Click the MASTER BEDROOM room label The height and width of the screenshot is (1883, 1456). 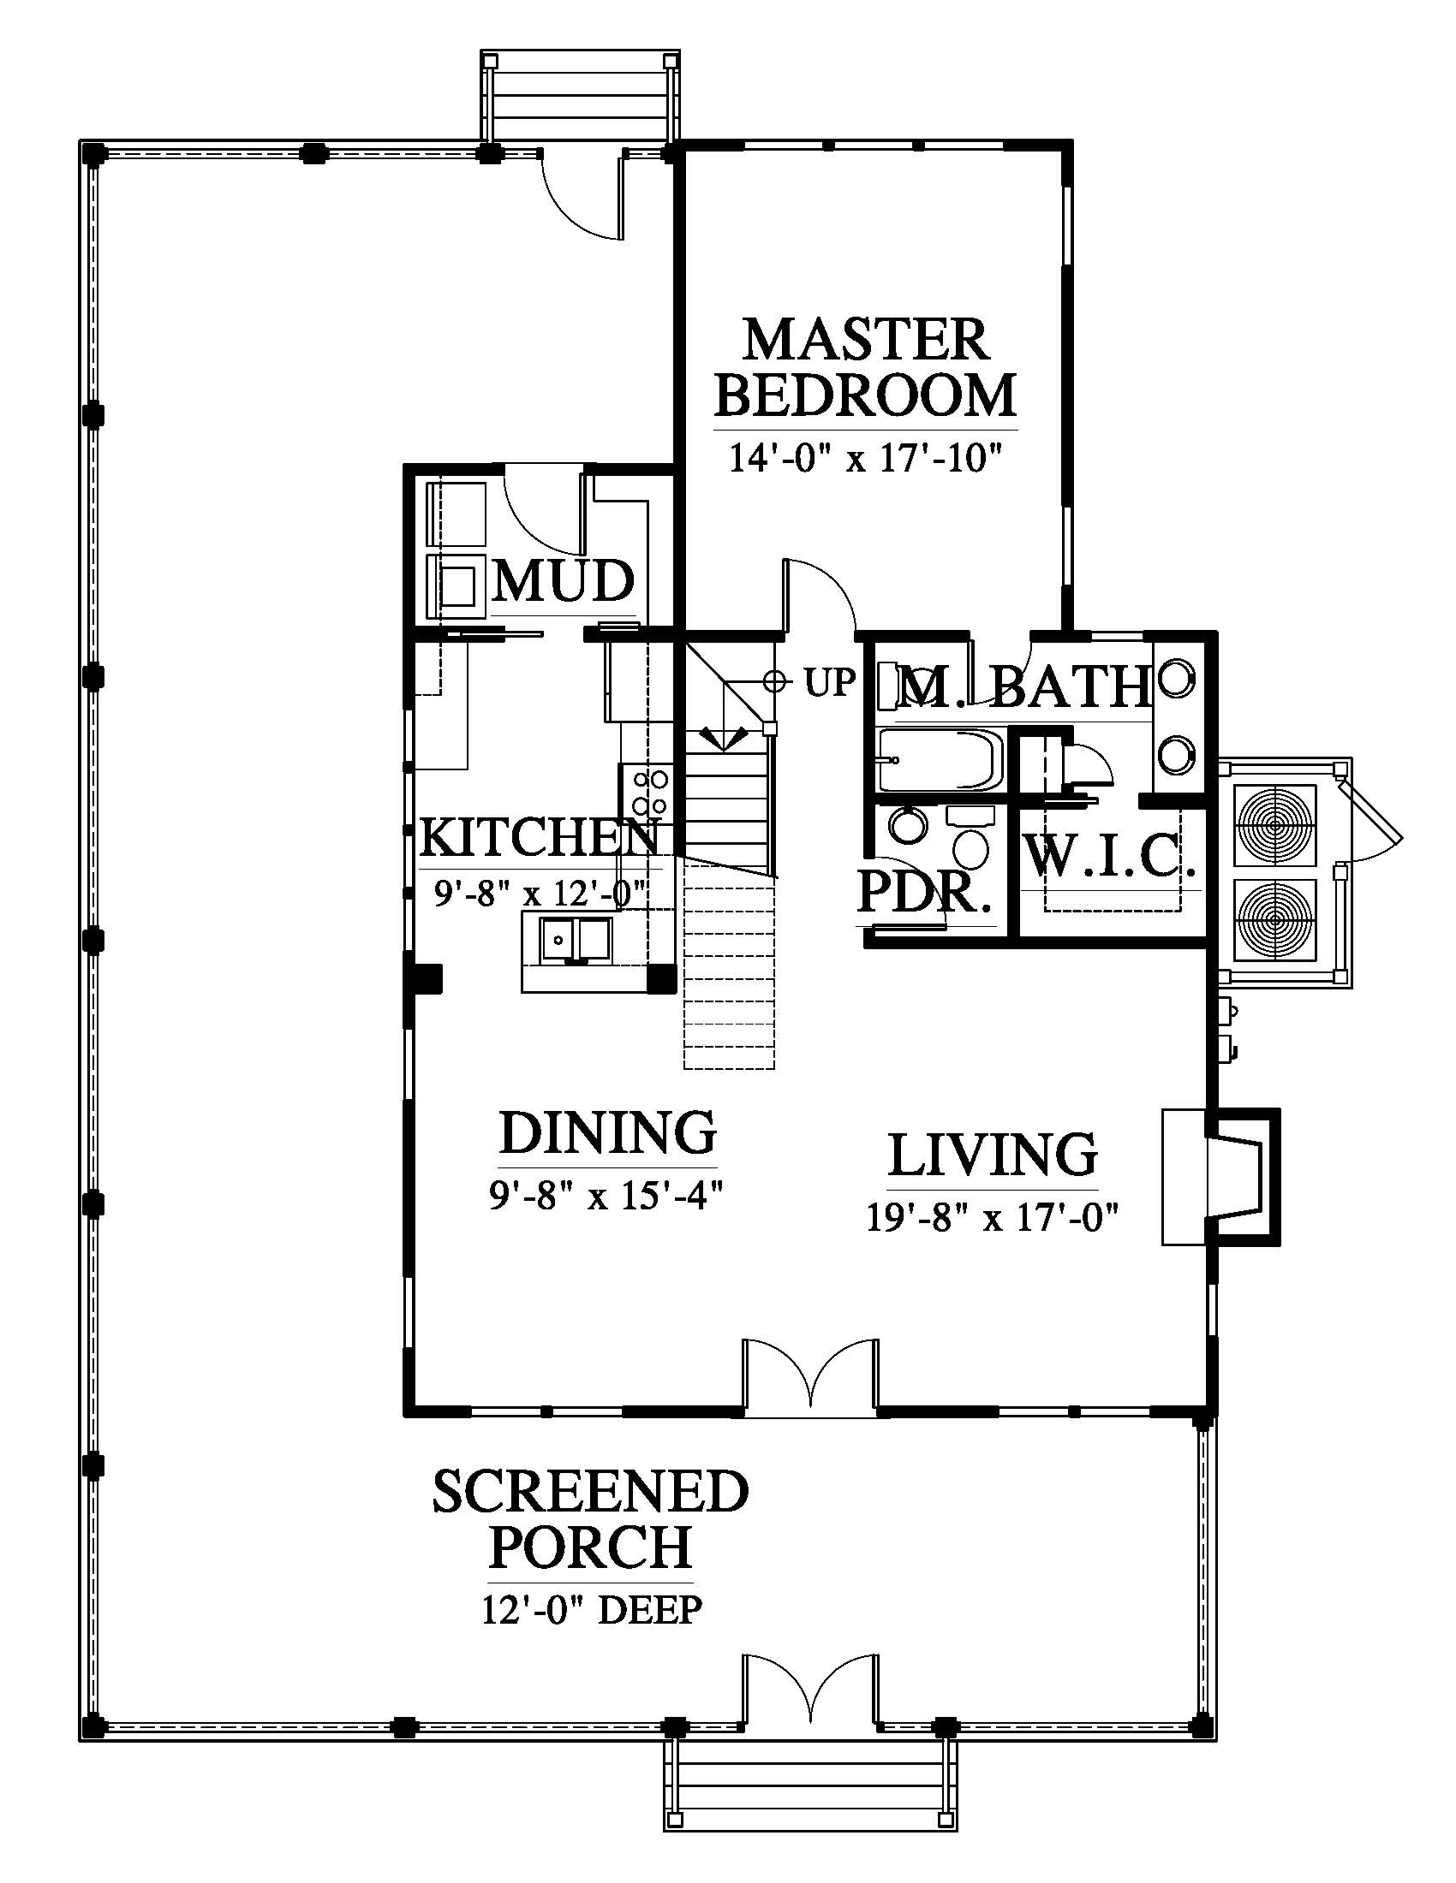865,367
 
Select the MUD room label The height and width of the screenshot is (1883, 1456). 564,581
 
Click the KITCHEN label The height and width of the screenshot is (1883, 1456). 540,837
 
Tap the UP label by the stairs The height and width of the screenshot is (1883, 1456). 830,683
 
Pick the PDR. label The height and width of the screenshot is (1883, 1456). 923,894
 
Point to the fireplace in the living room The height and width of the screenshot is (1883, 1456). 1220,1177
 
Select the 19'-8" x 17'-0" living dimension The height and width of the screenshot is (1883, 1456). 993,1218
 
